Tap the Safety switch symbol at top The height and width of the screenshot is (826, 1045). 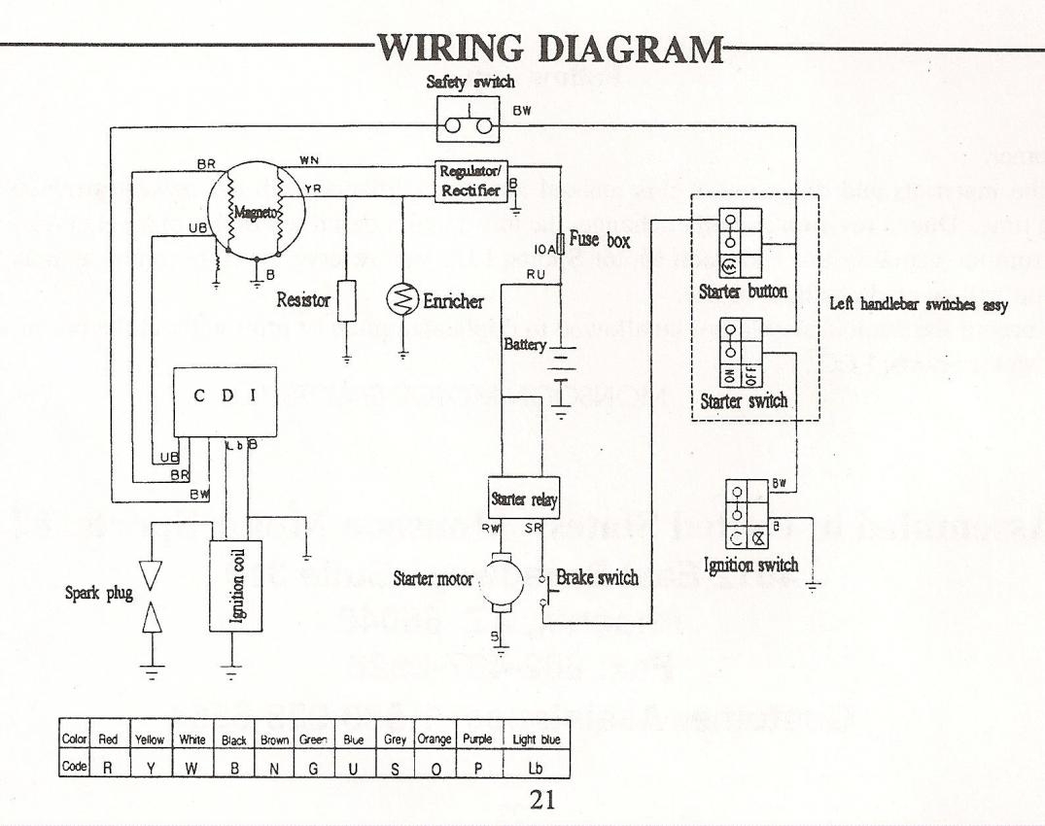[x=468, y=124]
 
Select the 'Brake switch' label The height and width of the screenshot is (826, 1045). [x=597, y=578]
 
